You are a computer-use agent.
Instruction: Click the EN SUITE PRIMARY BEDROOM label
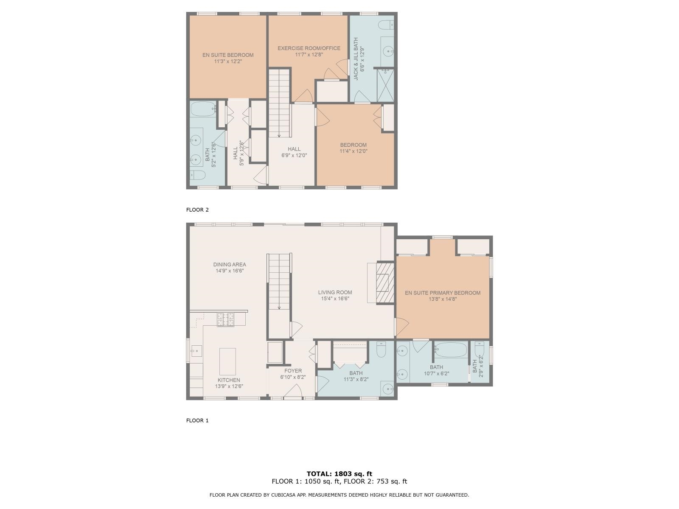click(442, 293)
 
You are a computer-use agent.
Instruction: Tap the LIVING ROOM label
click(335, 292)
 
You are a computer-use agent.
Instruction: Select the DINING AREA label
click(230, 264)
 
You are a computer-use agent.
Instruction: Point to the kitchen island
click(227, 361)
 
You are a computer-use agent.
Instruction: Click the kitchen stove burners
click(225, 319)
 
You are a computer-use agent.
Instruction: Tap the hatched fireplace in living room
click(385, 283)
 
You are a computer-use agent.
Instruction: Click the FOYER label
click(293, 371)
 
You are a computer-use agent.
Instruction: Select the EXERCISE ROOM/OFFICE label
click(309, 48)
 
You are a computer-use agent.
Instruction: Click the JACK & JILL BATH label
click(356, 59)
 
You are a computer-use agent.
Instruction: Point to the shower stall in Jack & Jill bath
click(385, 85)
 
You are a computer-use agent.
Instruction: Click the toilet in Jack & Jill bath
click(386, 25)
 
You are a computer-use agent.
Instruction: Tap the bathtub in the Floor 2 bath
click(203, 109)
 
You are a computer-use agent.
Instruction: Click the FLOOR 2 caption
click(197, 210)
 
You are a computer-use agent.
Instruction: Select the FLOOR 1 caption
click(197, 420)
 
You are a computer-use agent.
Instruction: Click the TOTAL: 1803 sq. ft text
click(339, 474)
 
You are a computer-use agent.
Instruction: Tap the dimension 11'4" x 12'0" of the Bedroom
click(353, 151)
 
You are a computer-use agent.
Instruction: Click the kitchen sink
click(196, 351)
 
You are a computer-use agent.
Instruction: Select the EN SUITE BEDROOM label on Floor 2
click(228, 55)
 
